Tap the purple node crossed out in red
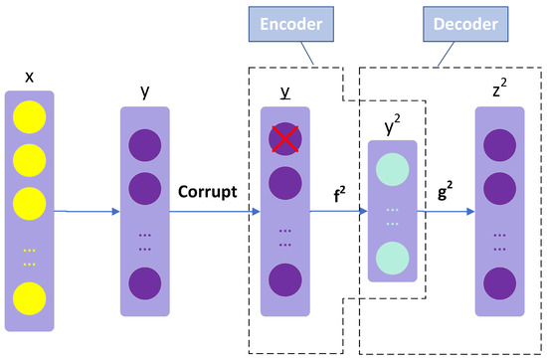pyautogui.click(x=284, y=142)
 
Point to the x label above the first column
pyautogui.click(x=29, y=76)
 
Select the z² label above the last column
pyautogui.click(x=500, y=89)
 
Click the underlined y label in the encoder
pyautogui.click(x=285, y=91)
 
